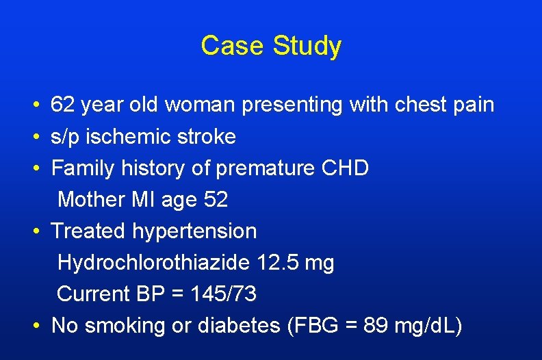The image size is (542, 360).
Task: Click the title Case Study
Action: (271, 46)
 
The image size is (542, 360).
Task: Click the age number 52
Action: (216, 200)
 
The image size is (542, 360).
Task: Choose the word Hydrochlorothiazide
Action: (155, 263)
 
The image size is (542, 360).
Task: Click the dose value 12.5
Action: (279, 263)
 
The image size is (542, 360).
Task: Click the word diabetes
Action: (238, 326)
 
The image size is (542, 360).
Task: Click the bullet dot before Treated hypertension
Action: (35, 232)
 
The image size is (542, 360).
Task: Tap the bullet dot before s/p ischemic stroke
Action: (35, 138)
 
